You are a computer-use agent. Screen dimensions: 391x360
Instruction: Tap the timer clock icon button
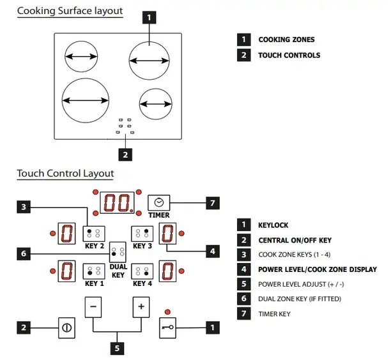tap(159, 202)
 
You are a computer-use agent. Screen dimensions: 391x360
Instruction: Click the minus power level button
tap(93, 307)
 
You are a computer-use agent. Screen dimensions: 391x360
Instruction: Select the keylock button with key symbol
tap(167, 327)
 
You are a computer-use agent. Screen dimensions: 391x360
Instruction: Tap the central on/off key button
tap(67, 327)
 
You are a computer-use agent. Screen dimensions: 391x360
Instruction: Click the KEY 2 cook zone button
tap(94, 234)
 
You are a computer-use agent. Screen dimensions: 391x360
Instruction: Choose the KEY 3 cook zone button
tap(142, 234)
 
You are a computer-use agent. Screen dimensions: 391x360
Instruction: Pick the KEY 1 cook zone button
tap(94, 271)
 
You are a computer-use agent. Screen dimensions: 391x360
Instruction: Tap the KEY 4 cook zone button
tap(142, 271)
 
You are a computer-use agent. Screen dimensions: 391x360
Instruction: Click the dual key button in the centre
tap(118, 252)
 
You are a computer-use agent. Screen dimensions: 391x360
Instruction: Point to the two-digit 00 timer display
tap(117, 202)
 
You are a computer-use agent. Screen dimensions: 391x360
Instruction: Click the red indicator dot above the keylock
tap(167, 312)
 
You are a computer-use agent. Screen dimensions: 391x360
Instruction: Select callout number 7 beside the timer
tap(213, 203)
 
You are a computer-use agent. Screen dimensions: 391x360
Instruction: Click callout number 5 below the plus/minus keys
tap(117, 348)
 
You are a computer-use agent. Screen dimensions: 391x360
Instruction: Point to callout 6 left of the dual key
tap(24, 253)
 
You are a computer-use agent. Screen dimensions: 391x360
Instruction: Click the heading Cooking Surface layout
tap(70, 11)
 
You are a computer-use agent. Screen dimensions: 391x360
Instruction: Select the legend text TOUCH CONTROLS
tap(289, 55)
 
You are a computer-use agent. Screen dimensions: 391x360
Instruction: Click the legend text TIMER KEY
tap(274, 314)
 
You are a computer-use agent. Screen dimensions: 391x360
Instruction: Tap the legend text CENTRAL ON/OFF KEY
tap(295, 240)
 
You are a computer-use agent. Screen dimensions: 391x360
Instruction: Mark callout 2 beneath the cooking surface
tap(125, 154)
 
